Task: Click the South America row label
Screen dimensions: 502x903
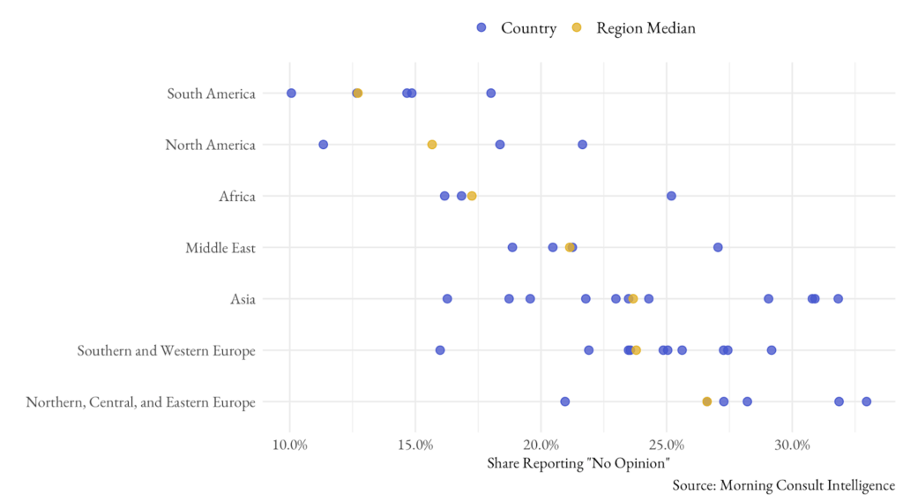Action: (211, 94)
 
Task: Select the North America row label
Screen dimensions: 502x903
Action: (210, 145)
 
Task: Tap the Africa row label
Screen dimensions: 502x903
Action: (237, 196)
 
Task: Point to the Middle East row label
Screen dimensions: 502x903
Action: (220, 248)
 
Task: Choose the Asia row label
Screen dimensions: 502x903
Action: (243, 299)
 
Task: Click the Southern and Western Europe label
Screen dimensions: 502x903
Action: (166, 351)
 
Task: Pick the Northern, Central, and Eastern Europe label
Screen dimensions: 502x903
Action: (141, 402)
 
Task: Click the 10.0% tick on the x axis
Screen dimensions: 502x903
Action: (290, 444)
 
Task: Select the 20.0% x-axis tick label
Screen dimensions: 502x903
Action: (541, 444)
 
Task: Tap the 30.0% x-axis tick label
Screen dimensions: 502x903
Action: (792, 444)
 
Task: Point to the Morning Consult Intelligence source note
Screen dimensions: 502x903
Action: (783, 485)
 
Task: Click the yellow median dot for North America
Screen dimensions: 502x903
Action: (432, 145)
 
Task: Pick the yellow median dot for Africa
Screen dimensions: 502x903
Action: (472, 196)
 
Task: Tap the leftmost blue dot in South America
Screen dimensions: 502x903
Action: (291, 94)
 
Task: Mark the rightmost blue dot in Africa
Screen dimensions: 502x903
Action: (671, 196)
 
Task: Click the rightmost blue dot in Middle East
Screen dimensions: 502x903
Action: (718, 247)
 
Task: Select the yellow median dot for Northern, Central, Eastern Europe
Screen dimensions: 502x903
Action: (706, 401)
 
